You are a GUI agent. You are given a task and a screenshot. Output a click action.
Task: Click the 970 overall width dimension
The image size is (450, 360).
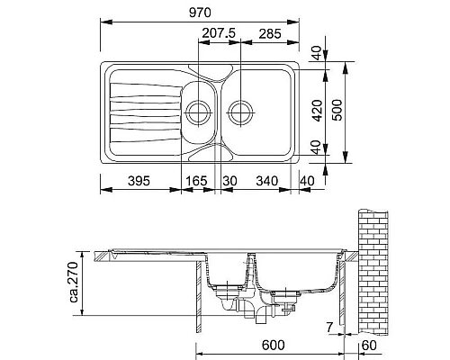click(x=200, y=13)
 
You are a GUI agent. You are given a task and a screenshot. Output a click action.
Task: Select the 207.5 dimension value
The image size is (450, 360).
click(x=219, y=33)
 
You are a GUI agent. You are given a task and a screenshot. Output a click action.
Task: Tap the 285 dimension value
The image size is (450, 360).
click(x=270, y=34)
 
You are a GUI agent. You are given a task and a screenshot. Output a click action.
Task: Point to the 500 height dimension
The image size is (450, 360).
click(x=337, y=110)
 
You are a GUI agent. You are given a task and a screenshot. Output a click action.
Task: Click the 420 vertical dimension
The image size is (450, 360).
click(x=318, y=111)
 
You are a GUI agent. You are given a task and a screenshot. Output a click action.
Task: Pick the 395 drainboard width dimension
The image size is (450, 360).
click(x=139, y=181)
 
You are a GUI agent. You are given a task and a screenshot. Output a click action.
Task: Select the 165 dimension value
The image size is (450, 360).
click(x=196, y=181)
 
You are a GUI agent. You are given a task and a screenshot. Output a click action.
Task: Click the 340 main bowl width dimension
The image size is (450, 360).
click(x=266, y=181)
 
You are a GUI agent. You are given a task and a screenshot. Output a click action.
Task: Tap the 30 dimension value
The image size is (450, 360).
click(x=229, y=181)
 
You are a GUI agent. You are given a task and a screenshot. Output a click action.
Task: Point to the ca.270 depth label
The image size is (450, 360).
click(x=73, y=282)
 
